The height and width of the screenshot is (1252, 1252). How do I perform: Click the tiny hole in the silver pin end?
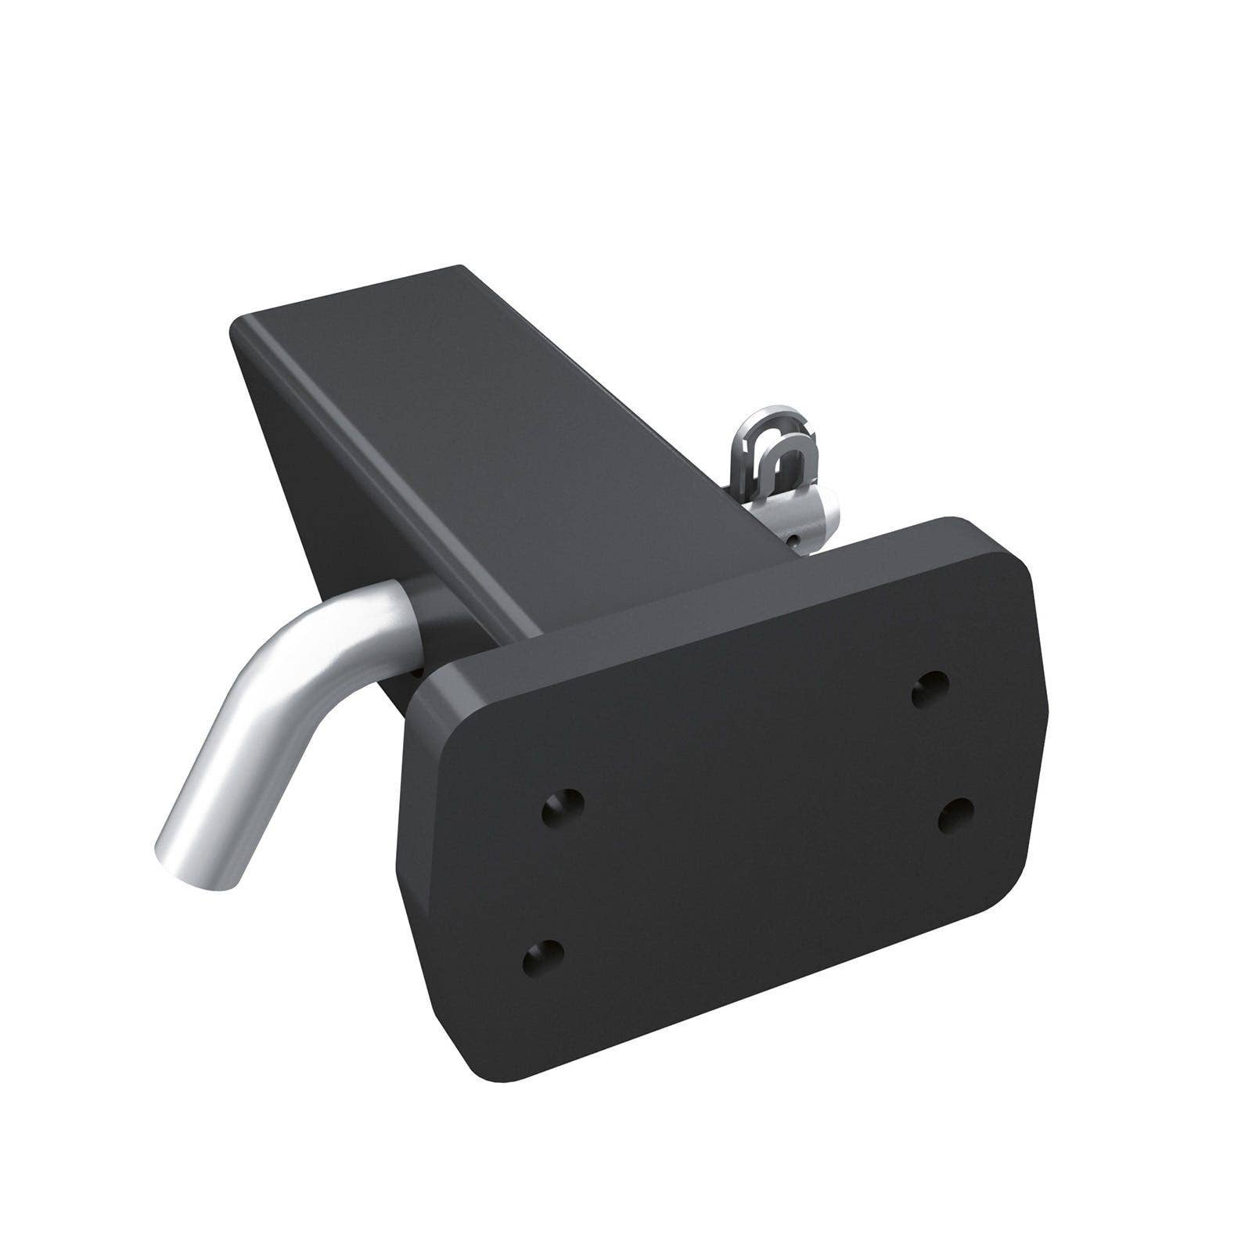pyautogui.click(x=793, y=539)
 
